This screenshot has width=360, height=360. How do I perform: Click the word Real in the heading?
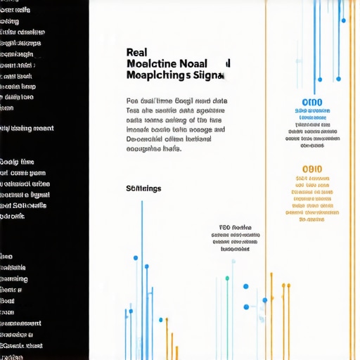tap(136, 51)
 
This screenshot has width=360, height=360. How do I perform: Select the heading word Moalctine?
tap(154, 63)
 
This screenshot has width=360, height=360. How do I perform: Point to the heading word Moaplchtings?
tap(158, 75)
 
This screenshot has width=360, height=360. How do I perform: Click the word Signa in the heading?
tap(208, 75)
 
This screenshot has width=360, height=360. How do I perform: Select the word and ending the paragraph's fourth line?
tap(219, 129)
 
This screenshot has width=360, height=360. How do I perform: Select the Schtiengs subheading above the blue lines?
tap(143, 188)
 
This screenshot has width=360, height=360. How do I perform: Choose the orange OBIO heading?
tap(311, 169)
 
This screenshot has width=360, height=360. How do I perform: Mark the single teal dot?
tap(227, 278)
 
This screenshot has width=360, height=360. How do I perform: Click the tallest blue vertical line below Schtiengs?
tap(142, 274)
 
